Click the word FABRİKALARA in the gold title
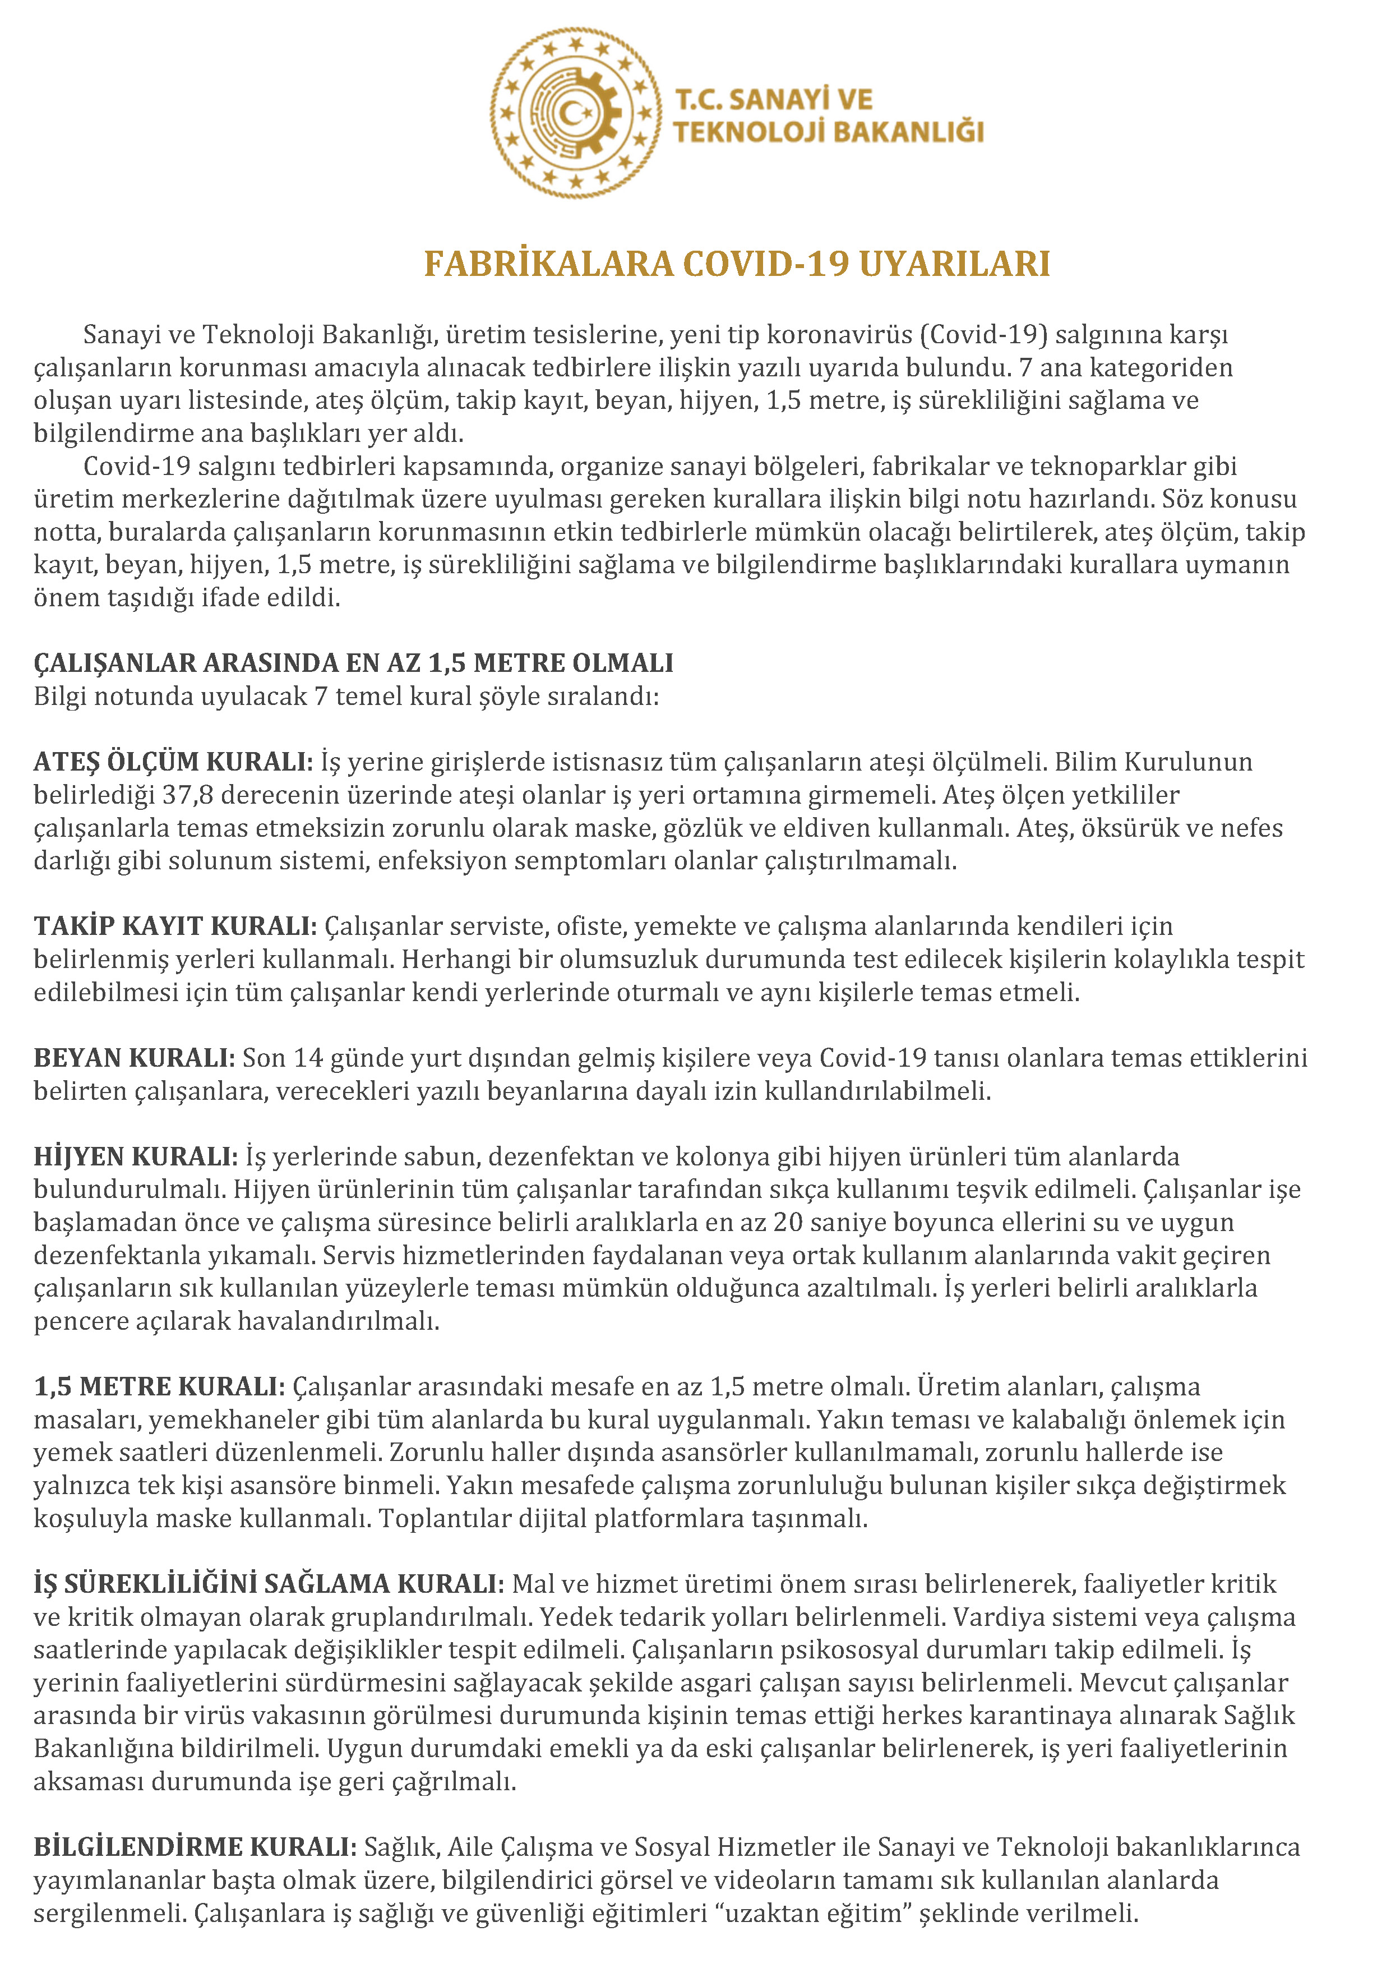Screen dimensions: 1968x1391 548,264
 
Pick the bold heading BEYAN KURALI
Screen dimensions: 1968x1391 133,1058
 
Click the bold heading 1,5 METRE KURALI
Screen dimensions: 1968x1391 159,1386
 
